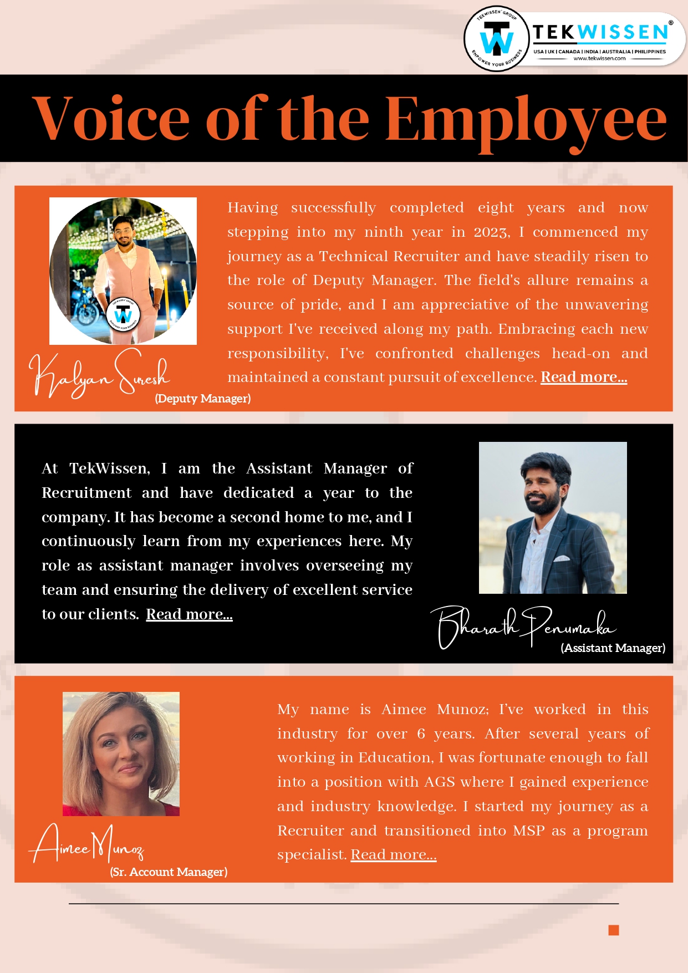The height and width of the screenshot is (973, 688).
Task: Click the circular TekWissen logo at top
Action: pos(496,39)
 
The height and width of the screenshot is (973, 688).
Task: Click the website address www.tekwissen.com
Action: pos(599,58)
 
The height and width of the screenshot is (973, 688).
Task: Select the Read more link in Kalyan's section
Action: pos(584,378)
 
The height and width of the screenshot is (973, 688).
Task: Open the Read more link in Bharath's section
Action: pos(189,614)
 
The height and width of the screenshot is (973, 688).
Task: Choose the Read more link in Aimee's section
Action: pos(394,855)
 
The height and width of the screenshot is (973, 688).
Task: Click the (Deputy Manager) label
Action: pos(203,399)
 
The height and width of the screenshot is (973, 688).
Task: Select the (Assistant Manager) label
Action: pos(613,648)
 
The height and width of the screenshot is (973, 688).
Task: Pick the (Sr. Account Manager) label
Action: pos(169,872)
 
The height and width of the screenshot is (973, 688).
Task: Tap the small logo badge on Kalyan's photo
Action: pos(123,315)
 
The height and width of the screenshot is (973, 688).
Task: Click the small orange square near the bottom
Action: pos(613,930)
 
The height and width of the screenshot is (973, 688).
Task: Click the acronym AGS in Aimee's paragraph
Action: pos(440,782)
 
